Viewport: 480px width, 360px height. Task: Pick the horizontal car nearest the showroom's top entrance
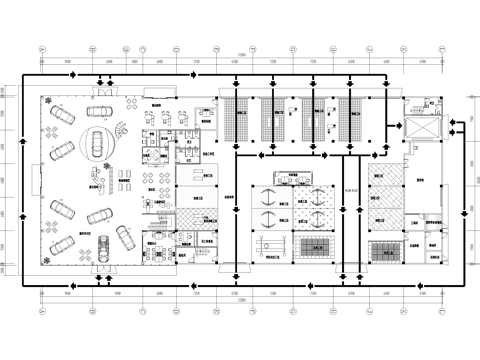click(x=100, y=110)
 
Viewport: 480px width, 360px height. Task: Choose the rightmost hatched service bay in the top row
click(x=351, y=122)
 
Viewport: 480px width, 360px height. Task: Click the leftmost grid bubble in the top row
click(x=40, y=47)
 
